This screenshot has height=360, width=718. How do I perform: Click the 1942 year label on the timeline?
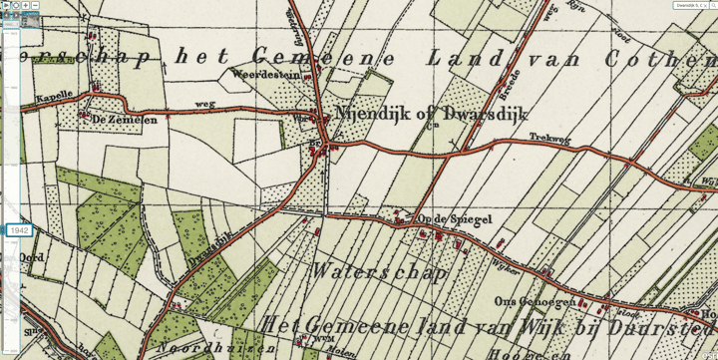(x=20, y=230)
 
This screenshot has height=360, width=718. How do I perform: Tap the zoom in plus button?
(x=25, y=6)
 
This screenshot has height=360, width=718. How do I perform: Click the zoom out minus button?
(x=35, y=6)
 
